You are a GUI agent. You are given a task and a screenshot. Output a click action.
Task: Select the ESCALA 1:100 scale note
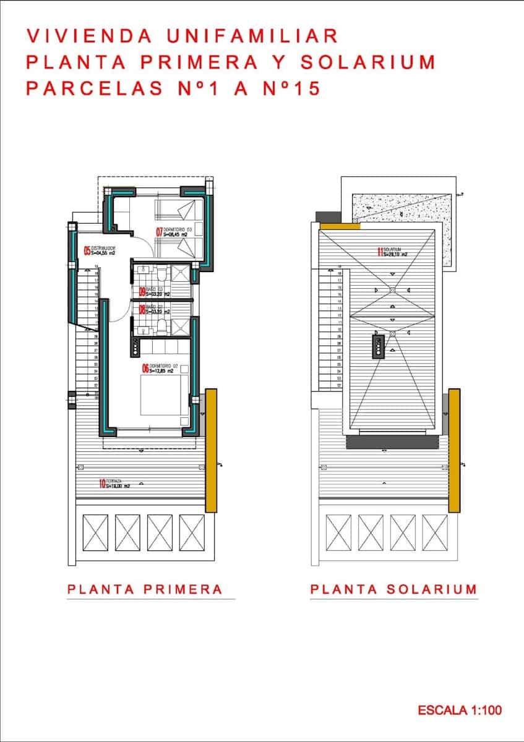point(460,710)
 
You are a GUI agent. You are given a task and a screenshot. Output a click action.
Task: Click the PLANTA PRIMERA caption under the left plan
point(145,589)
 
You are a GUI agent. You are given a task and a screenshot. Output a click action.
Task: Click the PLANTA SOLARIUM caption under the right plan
point(393,589)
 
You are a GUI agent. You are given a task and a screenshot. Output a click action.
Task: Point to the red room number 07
point(158,232)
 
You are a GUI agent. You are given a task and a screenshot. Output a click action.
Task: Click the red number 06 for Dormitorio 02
point(146,369)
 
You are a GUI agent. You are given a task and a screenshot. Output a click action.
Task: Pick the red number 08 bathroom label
point(142,309)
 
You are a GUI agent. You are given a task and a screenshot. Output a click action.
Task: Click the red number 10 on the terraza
point(102,484)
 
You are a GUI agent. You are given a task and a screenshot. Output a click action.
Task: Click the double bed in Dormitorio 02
point(164,396)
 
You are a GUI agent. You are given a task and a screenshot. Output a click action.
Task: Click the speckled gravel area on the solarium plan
point(403,208)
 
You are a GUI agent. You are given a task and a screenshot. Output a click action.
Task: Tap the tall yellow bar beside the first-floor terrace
point(211,450)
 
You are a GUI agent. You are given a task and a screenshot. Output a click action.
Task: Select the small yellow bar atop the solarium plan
point(340,226)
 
